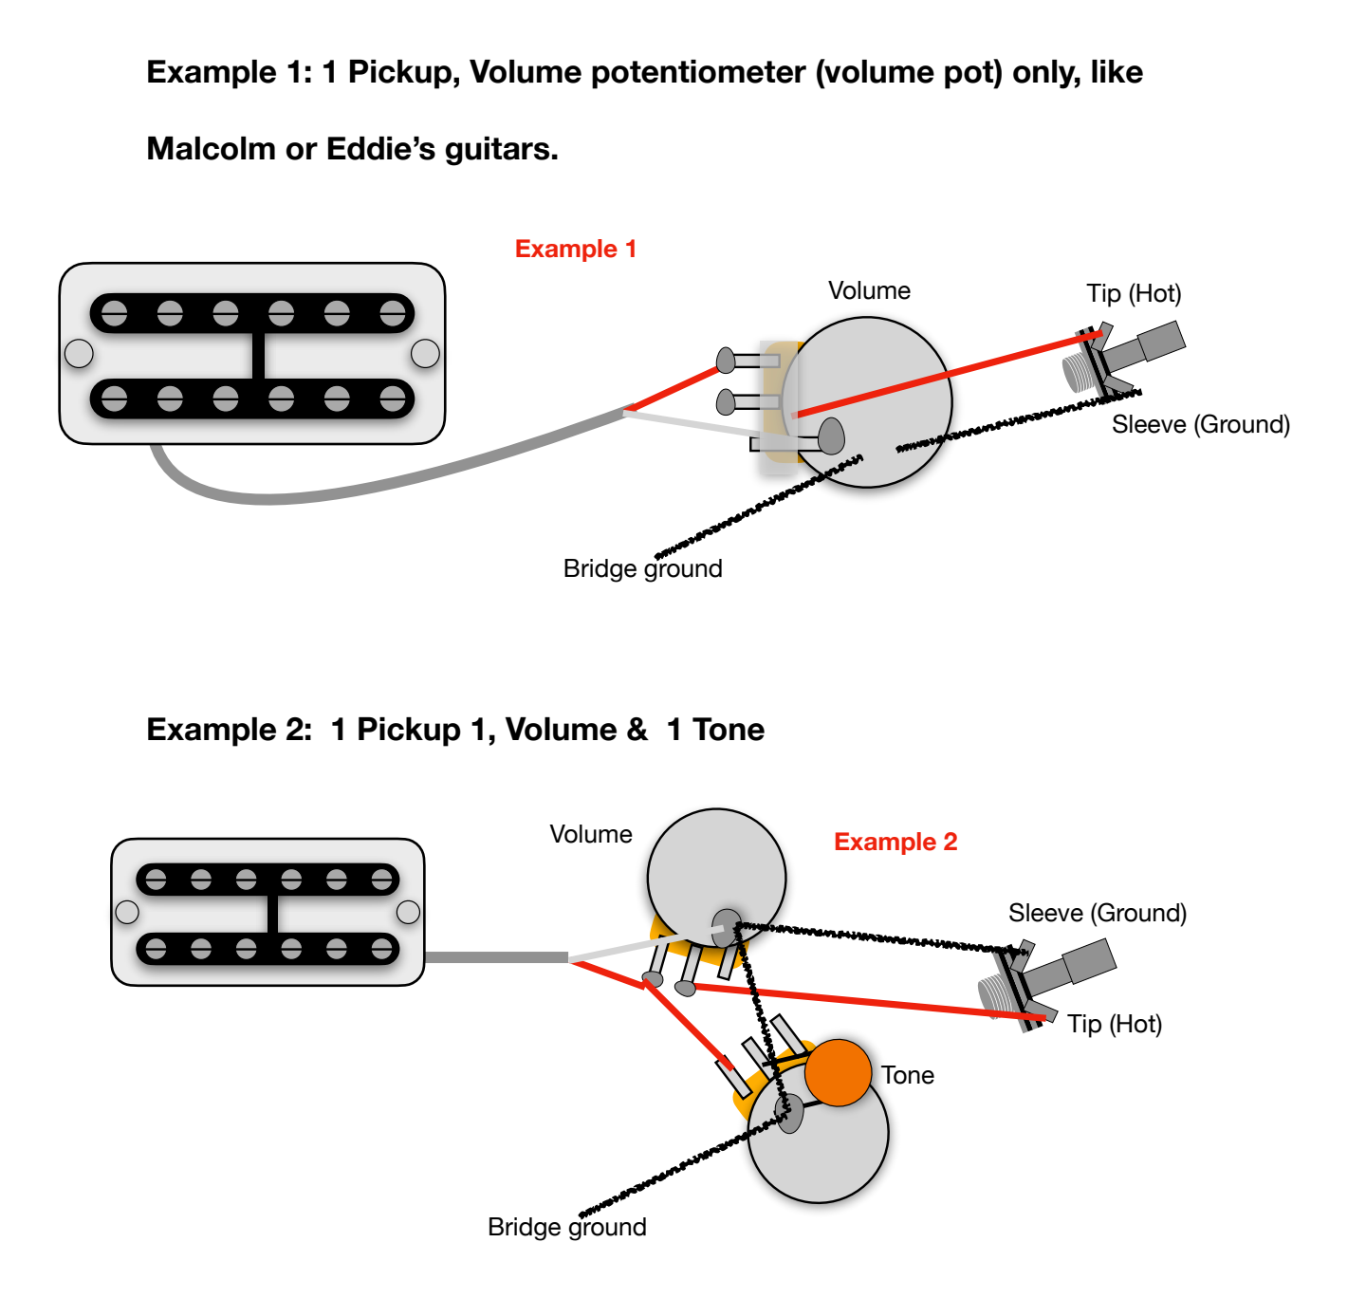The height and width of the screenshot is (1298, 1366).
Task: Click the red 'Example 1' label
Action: (x=575, y=249)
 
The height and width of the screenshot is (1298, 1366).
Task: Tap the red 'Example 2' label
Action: (x=895, y=842)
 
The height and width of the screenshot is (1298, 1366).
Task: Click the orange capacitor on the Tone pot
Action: (x=838, y=1072)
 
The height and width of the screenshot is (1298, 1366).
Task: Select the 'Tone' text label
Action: (x=908, y=1075)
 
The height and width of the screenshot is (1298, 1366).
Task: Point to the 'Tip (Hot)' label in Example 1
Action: (x=1134, y=293)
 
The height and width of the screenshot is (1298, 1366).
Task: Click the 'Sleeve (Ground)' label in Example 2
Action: (x=1098, y=913)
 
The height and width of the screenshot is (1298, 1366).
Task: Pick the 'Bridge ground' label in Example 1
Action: (x=642, y=568)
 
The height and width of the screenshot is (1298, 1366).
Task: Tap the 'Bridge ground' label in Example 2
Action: (x=566, y=1227)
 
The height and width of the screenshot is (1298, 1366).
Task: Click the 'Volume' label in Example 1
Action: (x=869, y=290)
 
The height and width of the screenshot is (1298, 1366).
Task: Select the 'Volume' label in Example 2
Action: (x=591, y=834)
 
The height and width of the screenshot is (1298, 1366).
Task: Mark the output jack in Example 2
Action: (x=1043, y=982)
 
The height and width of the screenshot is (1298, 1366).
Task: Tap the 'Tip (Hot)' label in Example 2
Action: (x=1115, y=1024)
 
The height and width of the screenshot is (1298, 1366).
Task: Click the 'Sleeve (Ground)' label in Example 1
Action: (x=1201, y=424)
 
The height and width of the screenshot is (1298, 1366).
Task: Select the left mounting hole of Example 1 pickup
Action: (x=79, y=354)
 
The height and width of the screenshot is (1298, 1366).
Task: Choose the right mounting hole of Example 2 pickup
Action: (x=408, y=912)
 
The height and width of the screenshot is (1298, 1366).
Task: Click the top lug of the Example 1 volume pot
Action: (x=728, y=361)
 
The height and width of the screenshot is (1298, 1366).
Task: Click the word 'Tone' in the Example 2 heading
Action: (x=729, y=730)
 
